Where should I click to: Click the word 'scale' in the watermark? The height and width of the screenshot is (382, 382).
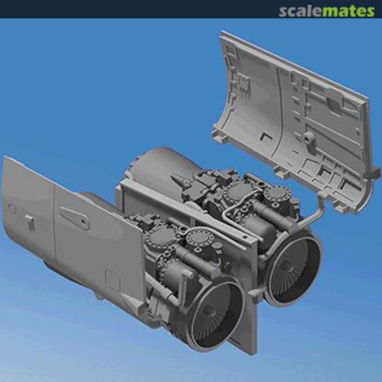click(301, 11)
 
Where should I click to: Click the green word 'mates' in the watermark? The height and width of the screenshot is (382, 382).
click(348, 11)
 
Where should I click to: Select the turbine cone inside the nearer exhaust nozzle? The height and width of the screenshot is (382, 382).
click(209, 311)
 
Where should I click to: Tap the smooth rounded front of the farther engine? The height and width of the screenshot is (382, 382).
click(159, 166)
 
